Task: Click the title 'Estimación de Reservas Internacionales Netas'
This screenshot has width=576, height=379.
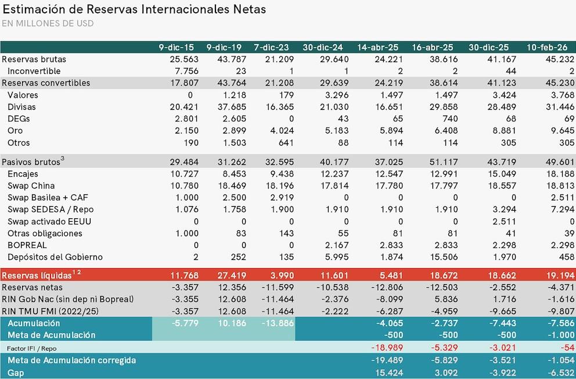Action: tap(134, 9)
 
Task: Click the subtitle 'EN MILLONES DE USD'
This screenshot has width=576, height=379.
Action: tap(48, 24)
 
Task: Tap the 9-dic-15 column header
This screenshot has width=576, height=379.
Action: tap(176, 47)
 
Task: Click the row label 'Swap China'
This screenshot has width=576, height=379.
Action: tap(31, 185)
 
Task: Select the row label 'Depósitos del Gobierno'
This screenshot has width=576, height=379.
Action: tap(55, 257)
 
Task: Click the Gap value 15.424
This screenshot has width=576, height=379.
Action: tap(384, 373)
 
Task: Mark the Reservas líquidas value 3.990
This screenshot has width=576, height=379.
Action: tap(283, 275)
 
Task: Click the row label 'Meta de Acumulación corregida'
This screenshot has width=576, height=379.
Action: tap(72, 360)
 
